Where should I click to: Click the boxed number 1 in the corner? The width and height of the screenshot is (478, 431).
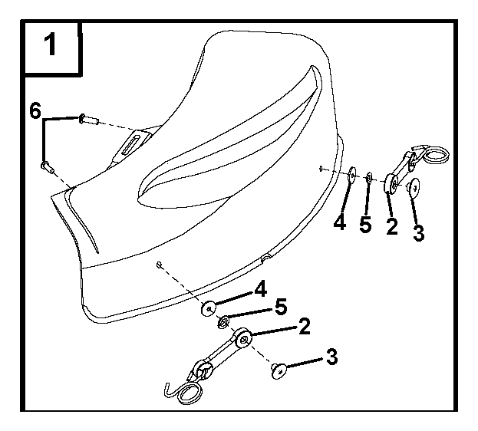[51, 44]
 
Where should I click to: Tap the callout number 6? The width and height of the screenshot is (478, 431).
[35, 110]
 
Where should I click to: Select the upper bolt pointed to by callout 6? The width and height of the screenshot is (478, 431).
[88, 119]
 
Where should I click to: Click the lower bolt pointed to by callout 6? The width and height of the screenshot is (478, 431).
[48, 167]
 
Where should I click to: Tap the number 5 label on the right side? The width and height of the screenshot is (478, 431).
[365, 225]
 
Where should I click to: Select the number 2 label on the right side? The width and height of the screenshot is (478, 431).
[392, 226]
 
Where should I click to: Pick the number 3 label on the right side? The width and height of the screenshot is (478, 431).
[419, 233]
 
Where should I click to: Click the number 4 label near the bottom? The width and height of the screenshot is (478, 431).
[261, 288]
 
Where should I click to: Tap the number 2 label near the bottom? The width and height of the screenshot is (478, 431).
[305, 326]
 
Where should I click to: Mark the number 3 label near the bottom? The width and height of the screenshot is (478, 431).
[332, 357]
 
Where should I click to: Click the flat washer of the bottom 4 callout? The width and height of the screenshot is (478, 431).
[209, 308]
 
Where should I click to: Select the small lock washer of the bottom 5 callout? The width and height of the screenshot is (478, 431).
[224, 322]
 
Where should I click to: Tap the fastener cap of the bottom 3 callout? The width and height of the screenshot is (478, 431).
[279, 370]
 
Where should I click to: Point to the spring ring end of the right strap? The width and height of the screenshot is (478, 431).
[437, 155]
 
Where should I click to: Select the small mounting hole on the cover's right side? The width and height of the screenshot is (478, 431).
[321, 168]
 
